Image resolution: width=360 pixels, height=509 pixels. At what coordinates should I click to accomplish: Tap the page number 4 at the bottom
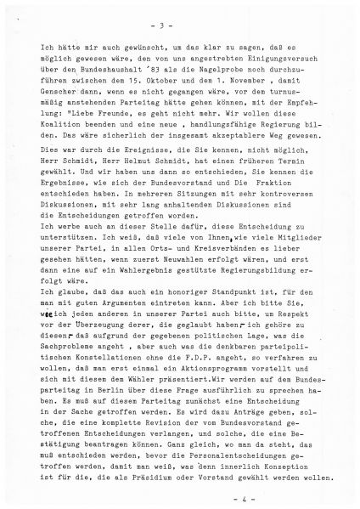click(182, 490)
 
